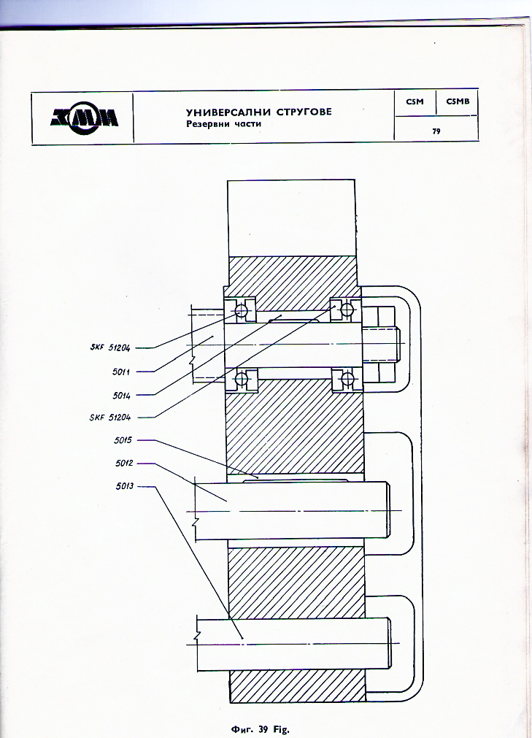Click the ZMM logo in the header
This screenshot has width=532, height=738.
coord(85,117)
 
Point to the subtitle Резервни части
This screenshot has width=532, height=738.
coord(223,124)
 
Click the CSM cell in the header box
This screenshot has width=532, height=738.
coord(415,102)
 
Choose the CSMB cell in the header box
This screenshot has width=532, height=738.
coord(457,102)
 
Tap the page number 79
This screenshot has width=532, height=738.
coord(436,131)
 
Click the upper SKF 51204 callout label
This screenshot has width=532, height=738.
coord(109,347)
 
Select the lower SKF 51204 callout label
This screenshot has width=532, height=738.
coord(109,418)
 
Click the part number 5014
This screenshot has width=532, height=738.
coord(121,395)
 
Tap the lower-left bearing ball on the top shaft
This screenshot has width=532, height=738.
coord(242,378)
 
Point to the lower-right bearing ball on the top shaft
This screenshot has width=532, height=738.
coord(347,378)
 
